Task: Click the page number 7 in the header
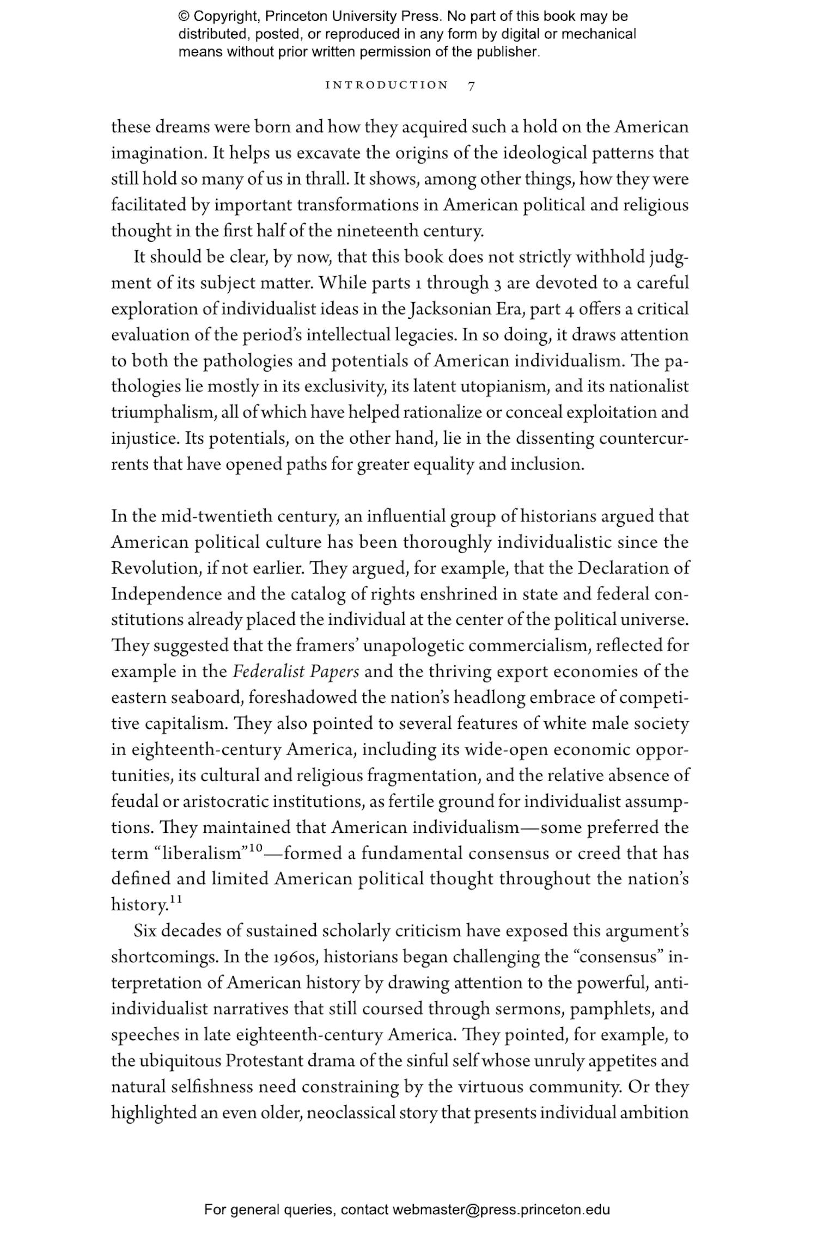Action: coord(472,85)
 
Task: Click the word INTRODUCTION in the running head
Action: coord(387,85)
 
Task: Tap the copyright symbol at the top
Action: coord(183,16)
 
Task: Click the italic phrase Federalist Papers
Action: coord(296,672)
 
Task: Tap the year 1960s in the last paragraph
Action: coord(298,958)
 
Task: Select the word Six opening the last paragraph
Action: coord(145,931)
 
